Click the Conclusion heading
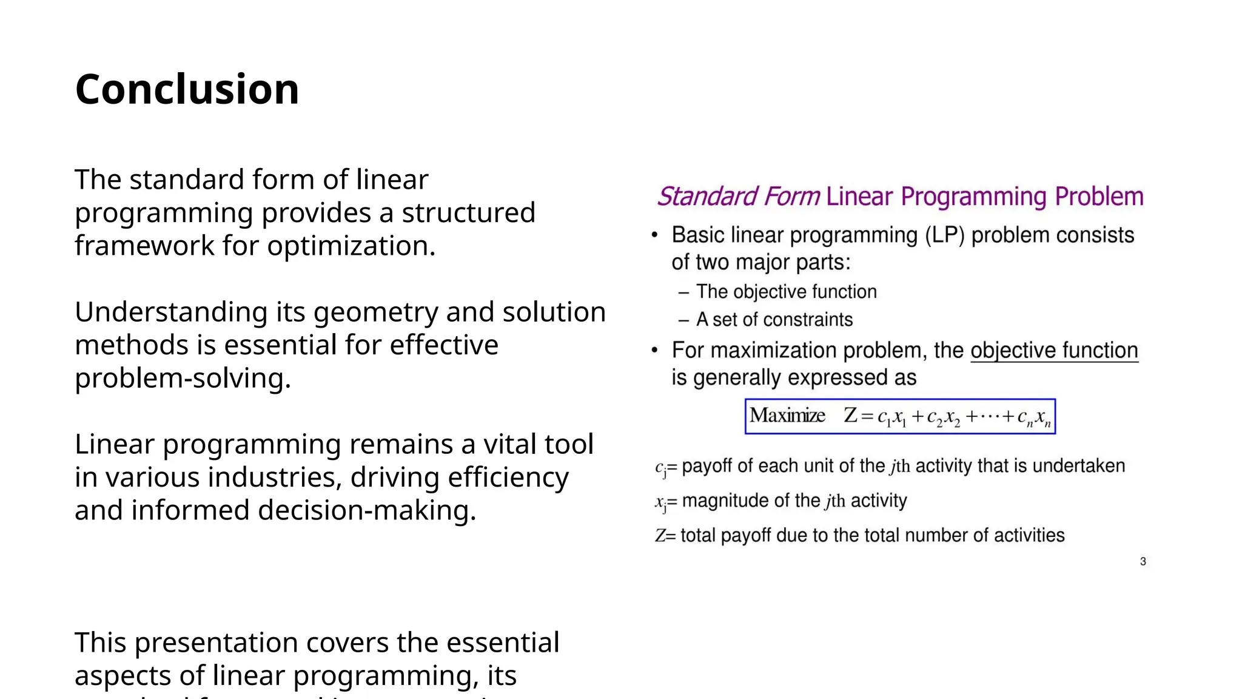(187, 90)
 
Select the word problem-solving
(183, 379)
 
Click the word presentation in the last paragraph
(238, 643)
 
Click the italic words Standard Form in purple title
(738, 197)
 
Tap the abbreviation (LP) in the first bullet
(944, 235)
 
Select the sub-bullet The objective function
(786, 292)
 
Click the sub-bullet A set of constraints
(774, 320)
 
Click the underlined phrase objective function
(1054, 351)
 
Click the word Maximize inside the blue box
(787, 416)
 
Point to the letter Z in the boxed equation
(850, 416)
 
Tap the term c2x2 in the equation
(943, 417)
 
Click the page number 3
(1143, 561)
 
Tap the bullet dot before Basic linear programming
(654, 235)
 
